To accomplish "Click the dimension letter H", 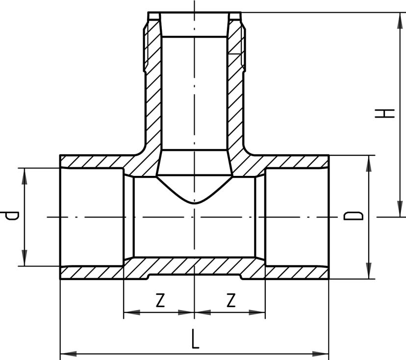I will point(385,113).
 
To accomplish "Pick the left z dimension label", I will point(159,300).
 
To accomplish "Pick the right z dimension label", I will point(230,300).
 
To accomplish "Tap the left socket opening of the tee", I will point(91,216).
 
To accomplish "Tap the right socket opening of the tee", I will point(297,216).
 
